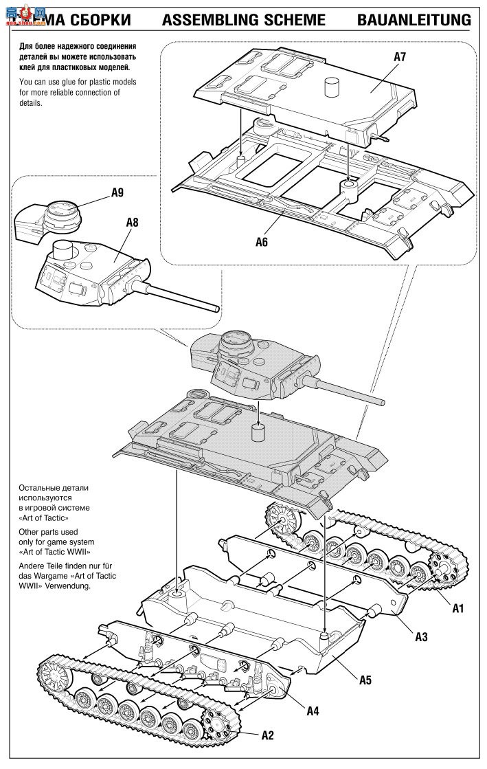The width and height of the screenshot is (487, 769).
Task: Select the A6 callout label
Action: coord(262,241)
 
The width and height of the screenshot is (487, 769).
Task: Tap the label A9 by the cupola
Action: coord(117,193)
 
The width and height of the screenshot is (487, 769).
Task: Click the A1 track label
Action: coord(458,608)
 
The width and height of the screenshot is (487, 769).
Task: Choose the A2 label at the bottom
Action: coord(268,735)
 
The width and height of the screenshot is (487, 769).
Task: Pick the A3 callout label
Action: coord(421,636)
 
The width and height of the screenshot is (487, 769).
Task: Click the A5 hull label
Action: coord(365,680)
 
